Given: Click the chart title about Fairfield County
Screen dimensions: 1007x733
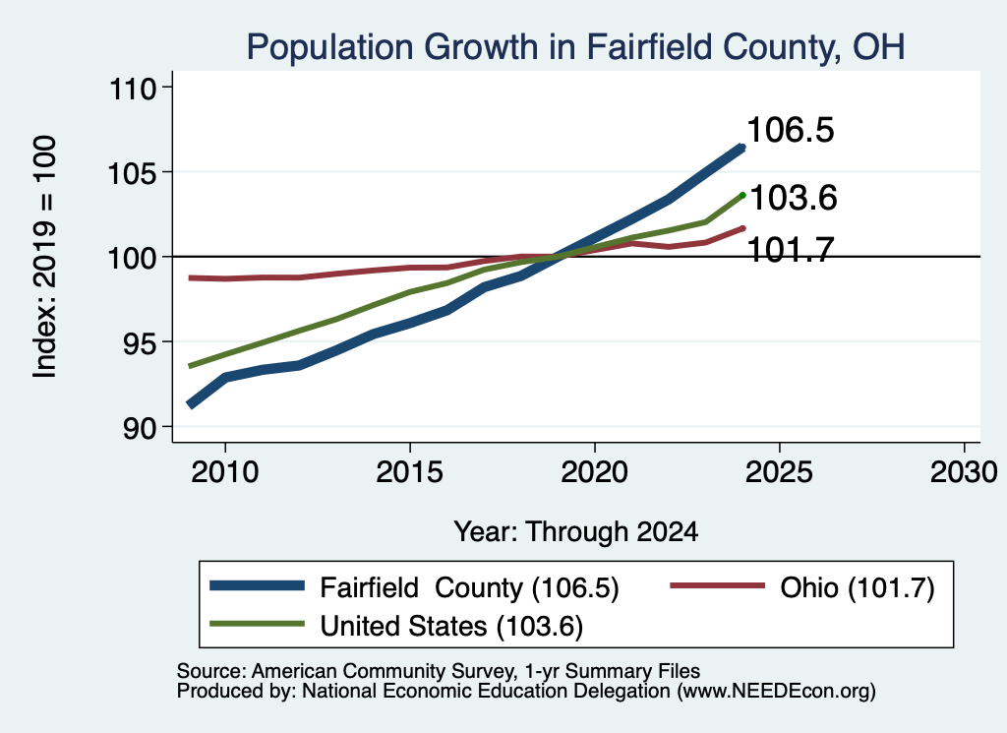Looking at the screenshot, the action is (575, 47).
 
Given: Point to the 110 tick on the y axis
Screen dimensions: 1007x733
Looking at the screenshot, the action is (134, 88).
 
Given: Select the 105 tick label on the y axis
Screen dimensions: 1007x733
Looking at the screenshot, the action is (133, 172).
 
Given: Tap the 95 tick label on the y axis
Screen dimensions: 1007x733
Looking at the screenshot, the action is (140, 341).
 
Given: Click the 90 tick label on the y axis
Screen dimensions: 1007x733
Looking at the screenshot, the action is (140, 427).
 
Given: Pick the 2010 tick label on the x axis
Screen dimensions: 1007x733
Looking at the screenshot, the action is (225, 472).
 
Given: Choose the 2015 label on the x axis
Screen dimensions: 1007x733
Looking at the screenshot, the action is (410, 472).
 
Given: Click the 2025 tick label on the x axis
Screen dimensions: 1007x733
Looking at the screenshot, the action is (779, 472).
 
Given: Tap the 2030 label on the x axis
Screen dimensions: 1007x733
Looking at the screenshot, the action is (964, 472).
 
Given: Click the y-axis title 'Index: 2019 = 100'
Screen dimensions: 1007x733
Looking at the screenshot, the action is (45, 257).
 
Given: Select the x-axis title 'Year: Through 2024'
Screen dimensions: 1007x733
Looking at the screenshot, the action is (576, 532).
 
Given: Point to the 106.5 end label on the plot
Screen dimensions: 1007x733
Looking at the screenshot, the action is (791, 130).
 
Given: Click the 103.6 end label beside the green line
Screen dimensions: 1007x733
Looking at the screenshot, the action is (794, 197).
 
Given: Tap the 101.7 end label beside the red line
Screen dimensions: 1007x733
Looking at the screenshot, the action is (792, 249).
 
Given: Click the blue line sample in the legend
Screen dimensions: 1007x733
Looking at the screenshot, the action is (257, 585).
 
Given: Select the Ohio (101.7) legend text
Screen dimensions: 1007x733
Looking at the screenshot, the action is (858, 587).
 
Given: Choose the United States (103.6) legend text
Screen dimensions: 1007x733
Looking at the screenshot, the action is (451, 626).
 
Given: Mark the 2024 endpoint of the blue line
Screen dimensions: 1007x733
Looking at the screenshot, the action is (742, 148).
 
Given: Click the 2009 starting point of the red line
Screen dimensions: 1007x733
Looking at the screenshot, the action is (191, 277).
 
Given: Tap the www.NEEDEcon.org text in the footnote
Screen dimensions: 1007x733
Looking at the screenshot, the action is (776, 692).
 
